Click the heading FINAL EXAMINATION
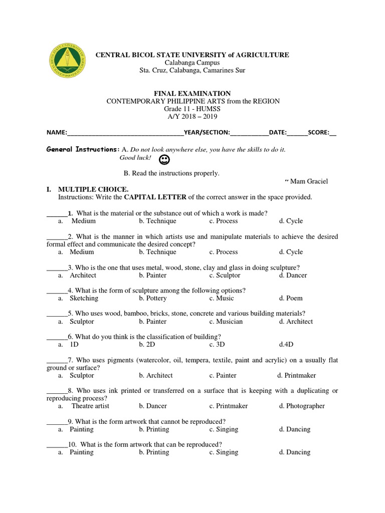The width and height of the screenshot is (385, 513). pos(192,93)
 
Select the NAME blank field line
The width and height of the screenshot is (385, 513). pos(125,133)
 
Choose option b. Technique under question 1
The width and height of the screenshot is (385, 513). pos(157,221)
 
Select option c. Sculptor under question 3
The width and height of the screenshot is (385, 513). pos(225,275)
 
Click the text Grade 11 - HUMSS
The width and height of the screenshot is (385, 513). pos(192,109)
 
